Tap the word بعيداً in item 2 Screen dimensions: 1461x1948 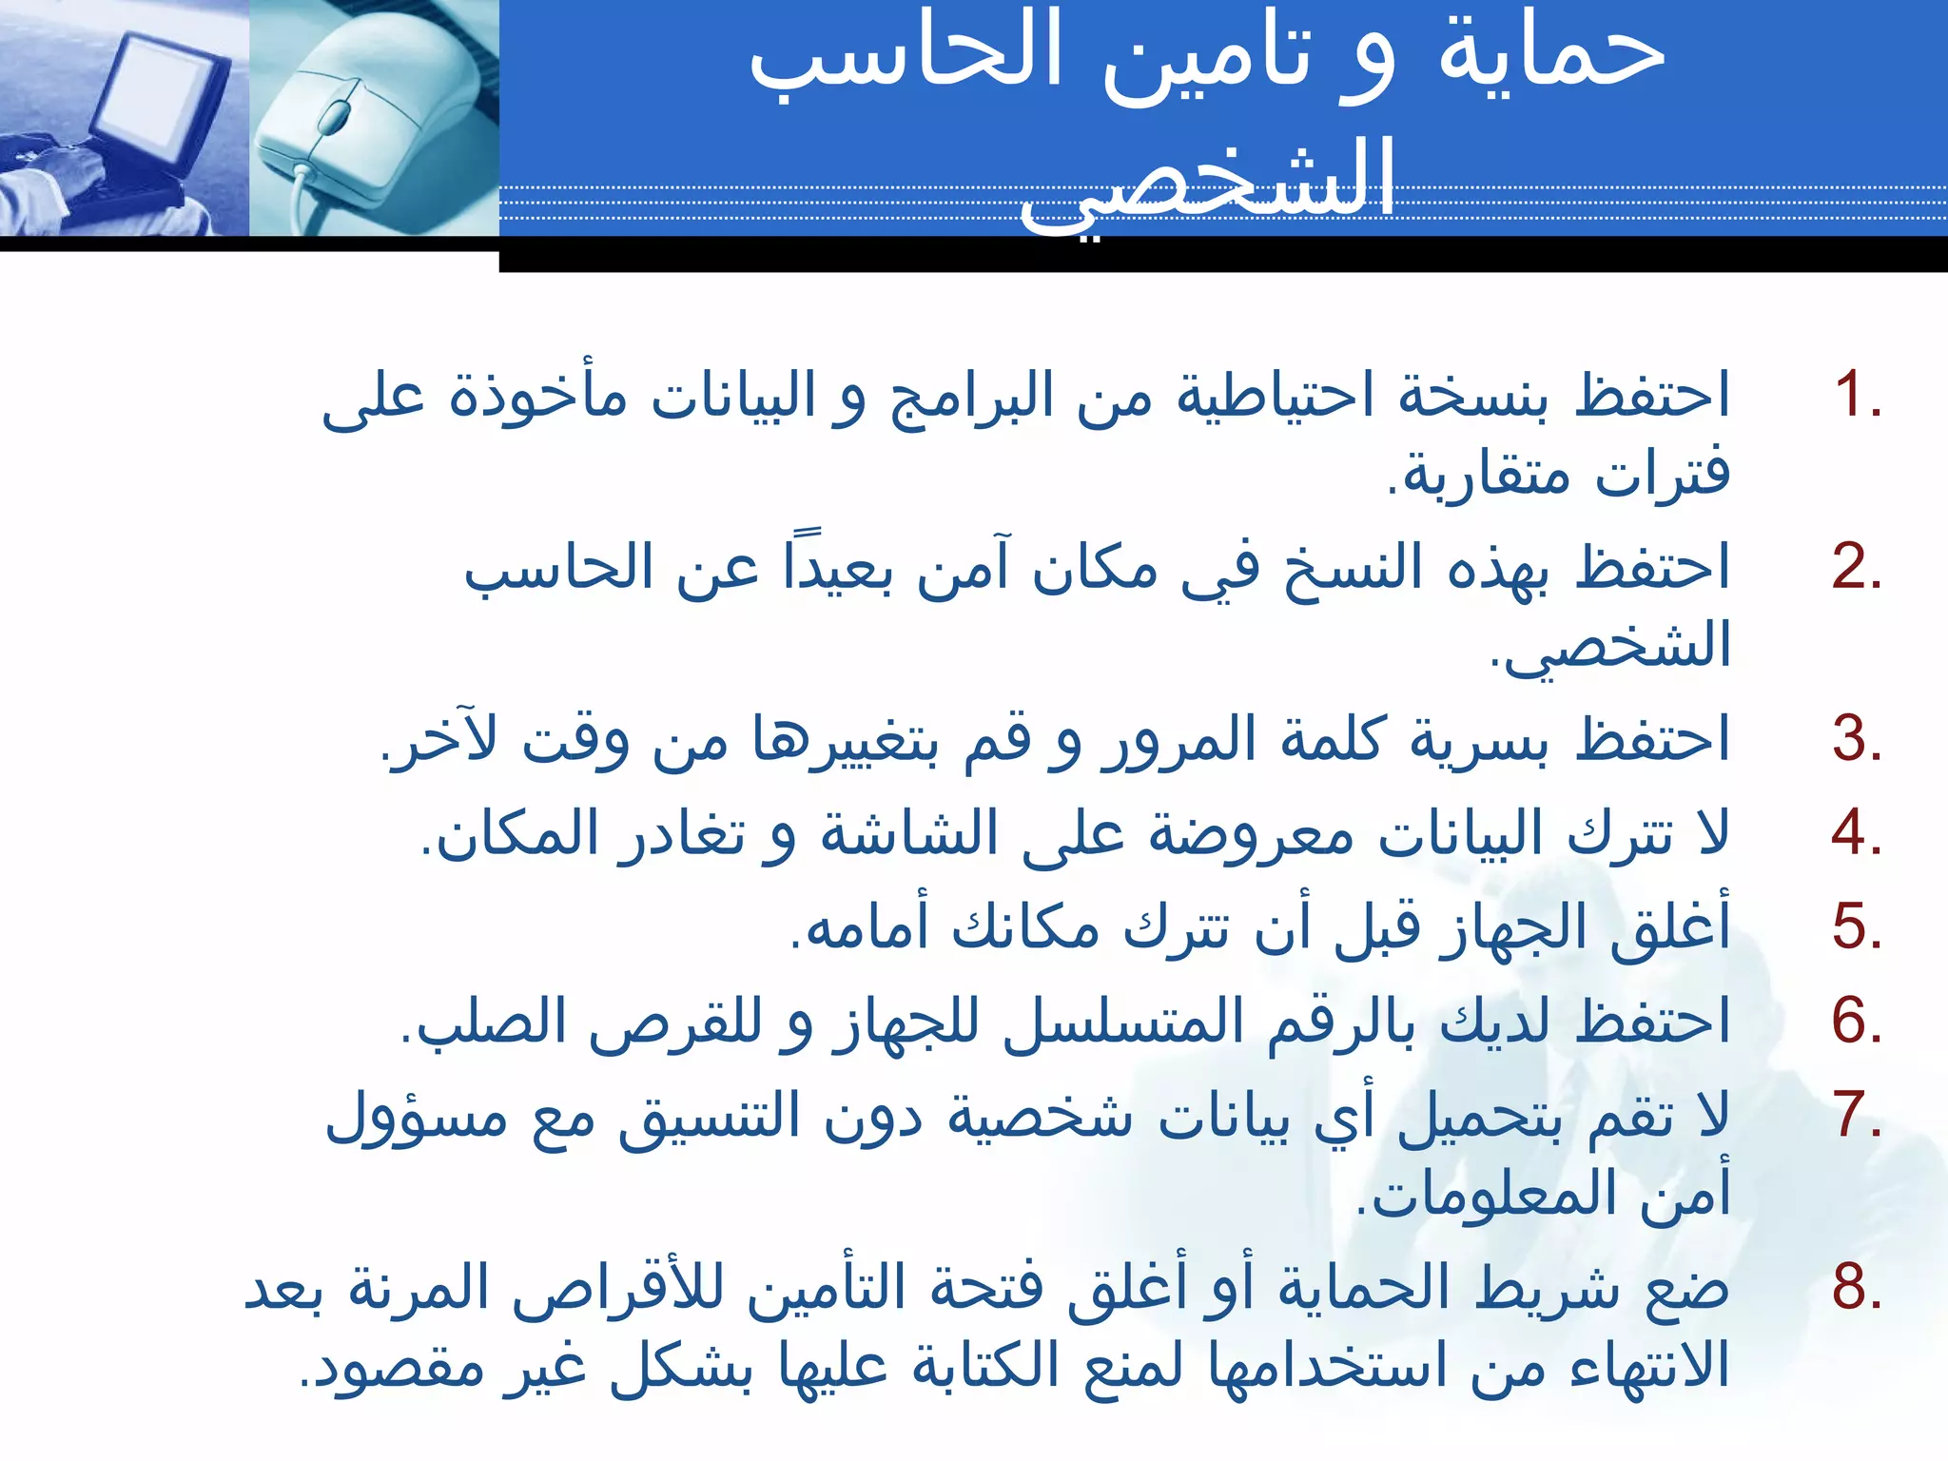837,567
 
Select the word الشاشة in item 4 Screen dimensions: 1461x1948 908,833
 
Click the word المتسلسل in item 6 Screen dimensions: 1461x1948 1122,1021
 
